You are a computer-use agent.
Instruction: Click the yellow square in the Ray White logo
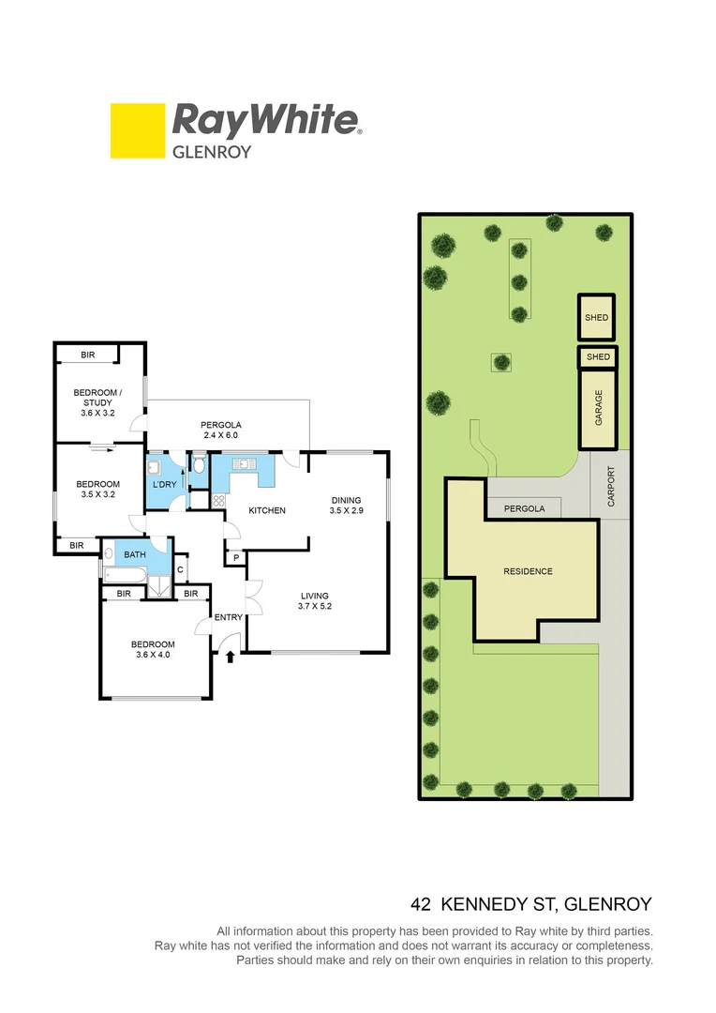pos(135,130)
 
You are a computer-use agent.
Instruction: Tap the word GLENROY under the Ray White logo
pos(212,151)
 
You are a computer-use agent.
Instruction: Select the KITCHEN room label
pos(266,510)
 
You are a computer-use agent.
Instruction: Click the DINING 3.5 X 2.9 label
pos(345,506)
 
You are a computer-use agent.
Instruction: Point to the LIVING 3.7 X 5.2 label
pos(315,600)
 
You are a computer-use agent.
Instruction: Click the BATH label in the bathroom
pos(135,555)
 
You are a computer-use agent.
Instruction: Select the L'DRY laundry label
pos(165,484)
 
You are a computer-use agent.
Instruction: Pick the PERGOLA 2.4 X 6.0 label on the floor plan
pos(221,430)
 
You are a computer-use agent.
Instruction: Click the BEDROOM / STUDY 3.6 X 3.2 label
pos(97,402)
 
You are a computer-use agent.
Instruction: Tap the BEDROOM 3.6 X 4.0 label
pos(153,650)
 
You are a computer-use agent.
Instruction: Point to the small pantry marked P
pos(235,558)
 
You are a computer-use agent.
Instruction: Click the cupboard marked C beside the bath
pos(180,568)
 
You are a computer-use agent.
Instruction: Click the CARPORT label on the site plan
pos(612,487)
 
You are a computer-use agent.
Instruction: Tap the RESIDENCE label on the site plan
pos(528,571)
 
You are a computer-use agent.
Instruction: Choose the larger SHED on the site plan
pos(596,318)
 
